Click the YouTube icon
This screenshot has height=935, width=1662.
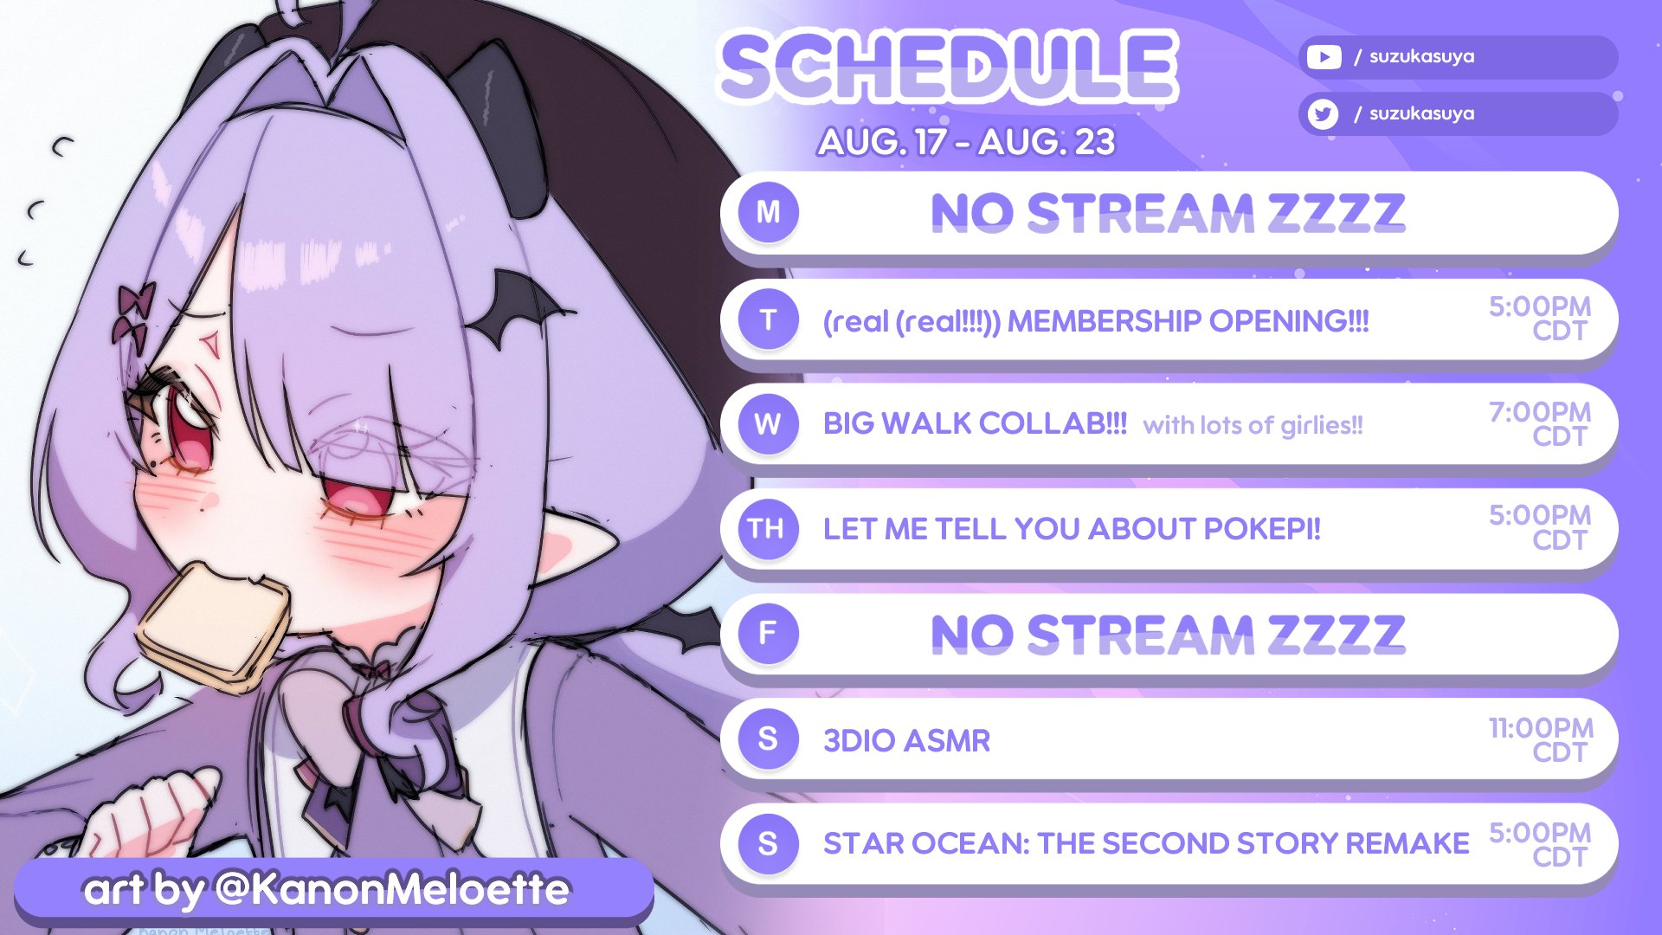coord(1324,57)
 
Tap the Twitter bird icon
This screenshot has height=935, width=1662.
coord(1323,113)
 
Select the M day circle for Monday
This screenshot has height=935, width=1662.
coord(768,212)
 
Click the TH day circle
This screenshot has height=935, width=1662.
coord(768,528)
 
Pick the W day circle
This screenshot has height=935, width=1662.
coord(768,423)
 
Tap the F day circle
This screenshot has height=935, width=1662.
coord(768,633)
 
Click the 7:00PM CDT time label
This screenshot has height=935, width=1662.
coord(1540,423)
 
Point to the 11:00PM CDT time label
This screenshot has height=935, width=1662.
coord(1541,739)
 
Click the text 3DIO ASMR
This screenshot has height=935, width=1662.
coord(906,741)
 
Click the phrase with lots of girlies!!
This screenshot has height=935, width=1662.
coord(1253,425)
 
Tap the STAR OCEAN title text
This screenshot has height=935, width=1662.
coord(1146,843)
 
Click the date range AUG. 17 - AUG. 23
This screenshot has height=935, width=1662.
coord(966,142)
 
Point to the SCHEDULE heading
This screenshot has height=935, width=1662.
coord(949,66)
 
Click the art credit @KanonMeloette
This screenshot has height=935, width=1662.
coord(391,889)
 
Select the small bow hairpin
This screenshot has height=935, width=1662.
coord(134,313)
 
